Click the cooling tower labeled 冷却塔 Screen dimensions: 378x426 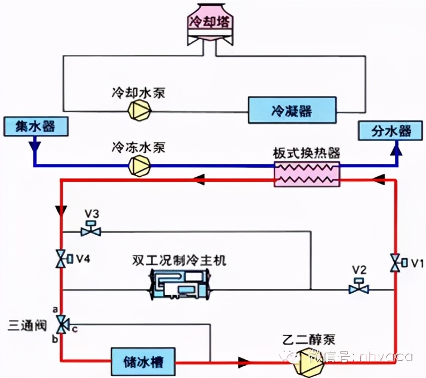[x=211, y=22]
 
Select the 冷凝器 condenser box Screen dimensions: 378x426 [x=293, y=109]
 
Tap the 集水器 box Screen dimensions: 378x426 [x=36, y=126]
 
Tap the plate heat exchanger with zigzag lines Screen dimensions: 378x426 [x=307, y=175]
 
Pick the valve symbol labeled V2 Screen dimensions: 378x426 [x=359, y=288]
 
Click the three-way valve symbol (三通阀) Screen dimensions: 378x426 [x=61, y=323]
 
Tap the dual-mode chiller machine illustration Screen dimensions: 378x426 [x=182, y=285]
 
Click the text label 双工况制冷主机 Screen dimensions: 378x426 [x=180, y=261]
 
